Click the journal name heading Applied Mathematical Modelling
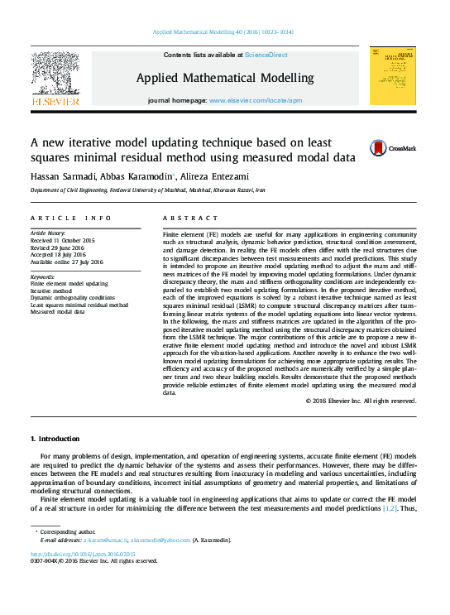pyautogui.click(x=224, y=79)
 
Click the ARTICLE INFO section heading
pyautogui.click(x=70, y=218)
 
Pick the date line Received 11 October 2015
pyautogui.click(x=62, y=240)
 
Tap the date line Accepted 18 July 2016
pyautogui.click(x=58, y=255)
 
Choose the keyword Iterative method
pyautogui.click(x=52, y=291)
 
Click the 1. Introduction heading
pyautogui.click(x=55, y=438)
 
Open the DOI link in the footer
pyautogui.click(x=83, y=554)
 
